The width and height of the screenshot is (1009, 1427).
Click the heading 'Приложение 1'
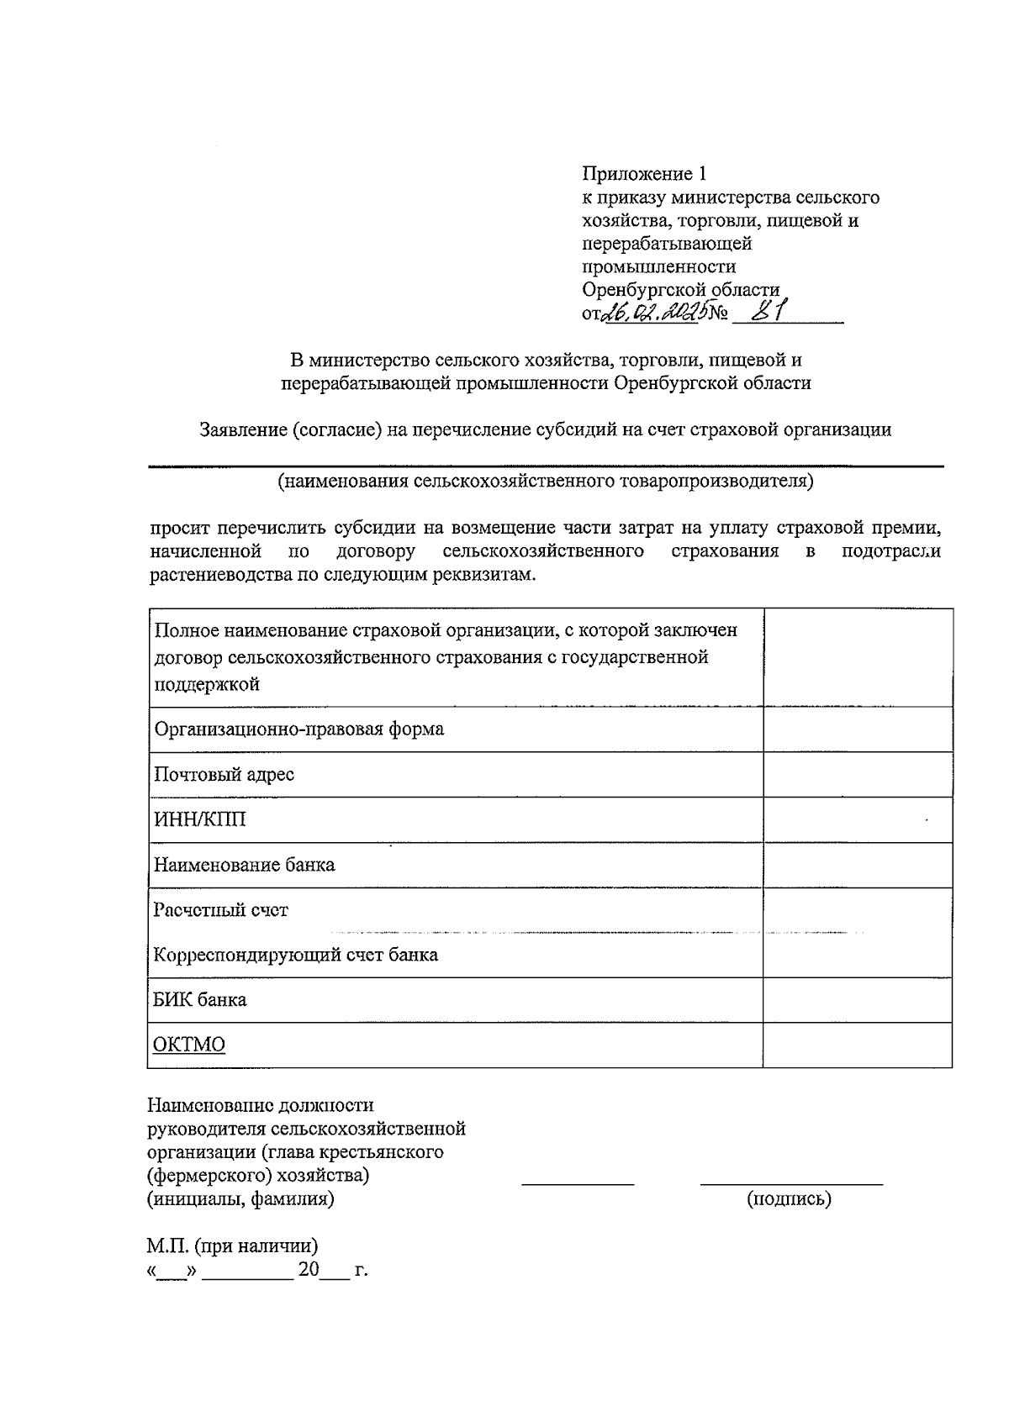[643, 174]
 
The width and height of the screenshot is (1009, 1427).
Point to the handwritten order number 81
[768, 312]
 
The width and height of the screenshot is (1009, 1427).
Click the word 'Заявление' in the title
[243, 430]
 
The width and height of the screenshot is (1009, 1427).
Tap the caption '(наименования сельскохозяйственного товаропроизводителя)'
[546, 482]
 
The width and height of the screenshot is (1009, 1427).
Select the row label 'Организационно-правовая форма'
[298, 729]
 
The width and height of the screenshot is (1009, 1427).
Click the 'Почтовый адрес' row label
[224, 774]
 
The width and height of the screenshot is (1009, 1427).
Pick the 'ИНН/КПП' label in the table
[200, 819]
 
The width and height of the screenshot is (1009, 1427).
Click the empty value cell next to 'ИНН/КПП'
[857, 819]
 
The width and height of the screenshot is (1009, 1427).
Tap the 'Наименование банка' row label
[244, 865]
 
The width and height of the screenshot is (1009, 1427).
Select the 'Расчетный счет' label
[220, 910]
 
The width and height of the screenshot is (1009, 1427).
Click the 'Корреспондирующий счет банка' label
[295, 956]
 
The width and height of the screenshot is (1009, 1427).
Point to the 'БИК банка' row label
[200, 1000]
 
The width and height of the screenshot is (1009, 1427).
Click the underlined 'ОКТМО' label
[189, 1045]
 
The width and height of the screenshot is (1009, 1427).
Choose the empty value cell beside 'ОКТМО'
[857, 1045]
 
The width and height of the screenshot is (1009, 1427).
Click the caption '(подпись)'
[789, 1199]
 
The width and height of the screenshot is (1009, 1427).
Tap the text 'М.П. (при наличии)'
[232, 1245]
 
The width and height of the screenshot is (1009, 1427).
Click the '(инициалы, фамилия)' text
[240, 1199]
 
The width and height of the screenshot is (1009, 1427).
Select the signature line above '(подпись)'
[791, 1184]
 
